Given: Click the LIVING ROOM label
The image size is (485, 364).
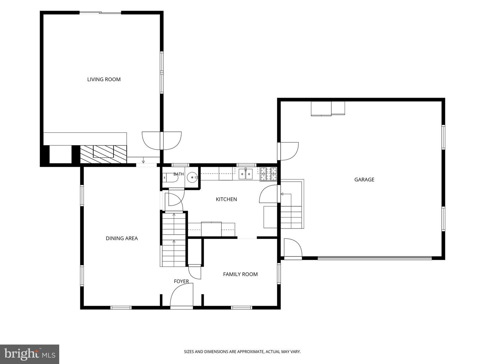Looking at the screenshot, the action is click(104, 79).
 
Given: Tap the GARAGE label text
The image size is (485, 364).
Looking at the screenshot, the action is click(364, 179).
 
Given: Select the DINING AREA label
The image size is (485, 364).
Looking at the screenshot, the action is click(122, 238).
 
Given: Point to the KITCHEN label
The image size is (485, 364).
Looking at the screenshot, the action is click(226, 199).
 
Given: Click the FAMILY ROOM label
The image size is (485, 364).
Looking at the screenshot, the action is click(240, 274).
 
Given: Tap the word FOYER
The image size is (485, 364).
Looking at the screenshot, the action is click(181, 281).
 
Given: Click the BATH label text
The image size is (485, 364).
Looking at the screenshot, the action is click(179, 174).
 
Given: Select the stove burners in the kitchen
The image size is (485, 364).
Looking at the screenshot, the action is click(268, 174).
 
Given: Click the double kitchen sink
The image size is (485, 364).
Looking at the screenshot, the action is click(246, 174).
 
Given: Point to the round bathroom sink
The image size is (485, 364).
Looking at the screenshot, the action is click(192, 177).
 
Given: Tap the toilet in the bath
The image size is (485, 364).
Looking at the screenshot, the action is click(170, 177).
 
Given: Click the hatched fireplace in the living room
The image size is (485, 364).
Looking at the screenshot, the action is click(103, 154).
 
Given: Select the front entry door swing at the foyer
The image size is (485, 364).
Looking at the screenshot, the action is click(182, 295).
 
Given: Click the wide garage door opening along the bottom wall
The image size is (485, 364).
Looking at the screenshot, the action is click(375, 258).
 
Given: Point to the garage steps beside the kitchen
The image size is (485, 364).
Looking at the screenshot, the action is click(291, 217).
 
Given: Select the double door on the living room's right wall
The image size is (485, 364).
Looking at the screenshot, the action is click(162, 141).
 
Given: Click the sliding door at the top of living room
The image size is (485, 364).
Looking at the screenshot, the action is click(100, 13).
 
